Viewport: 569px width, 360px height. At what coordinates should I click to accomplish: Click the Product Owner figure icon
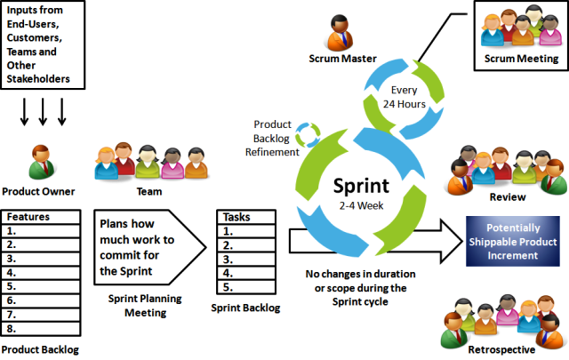click(x=37, y=162)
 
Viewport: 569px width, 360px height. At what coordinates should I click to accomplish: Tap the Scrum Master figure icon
click(x=344, y=34)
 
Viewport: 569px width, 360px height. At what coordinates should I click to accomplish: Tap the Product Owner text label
click(x=38, y=191)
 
